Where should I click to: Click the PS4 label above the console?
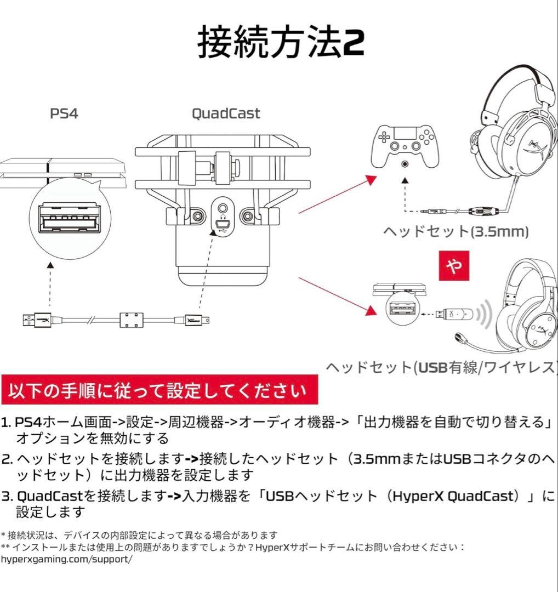click(x=64, y=113)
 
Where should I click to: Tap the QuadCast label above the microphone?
click(x=225, y=113)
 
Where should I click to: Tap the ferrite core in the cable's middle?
click(x=132, y=319)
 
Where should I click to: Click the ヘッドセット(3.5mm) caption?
click(x=455, y=232)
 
